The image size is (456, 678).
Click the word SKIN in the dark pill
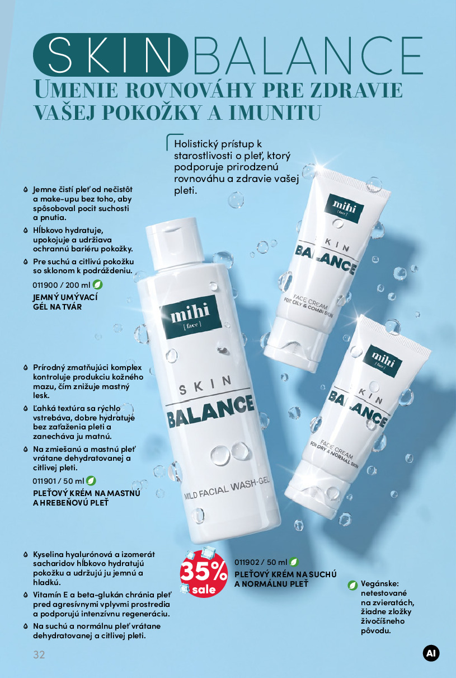click(110, 55)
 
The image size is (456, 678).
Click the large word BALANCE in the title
click(308, 55)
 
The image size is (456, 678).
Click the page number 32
click(39, 654)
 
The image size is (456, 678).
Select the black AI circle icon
click(431, 653)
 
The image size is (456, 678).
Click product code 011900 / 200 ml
click(62, 285)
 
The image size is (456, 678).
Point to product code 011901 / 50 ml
click(58, 481)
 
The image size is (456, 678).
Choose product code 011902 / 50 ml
click(261, 562)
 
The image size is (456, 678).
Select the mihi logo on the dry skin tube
click(383, 359)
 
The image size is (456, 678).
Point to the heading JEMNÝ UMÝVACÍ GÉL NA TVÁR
click(65, 302)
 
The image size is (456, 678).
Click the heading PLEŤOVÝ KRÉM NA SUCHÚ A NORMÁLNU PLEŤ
click(285, 579)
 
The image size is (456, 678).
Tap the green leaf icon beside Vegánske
click(352, 585)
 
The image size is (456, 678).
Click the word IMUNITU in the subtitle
click(275, 112)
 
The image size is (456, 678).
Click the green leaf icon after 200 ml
click(98, 284)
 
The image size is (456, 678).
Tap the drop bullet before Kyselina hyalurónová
click(26, 555)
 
